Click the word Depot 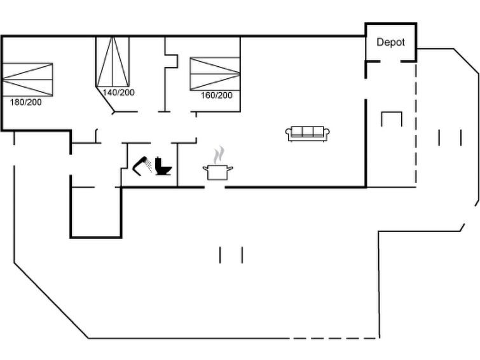point(390,42)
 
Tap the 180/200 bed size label point(25,102)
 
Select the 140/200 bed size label point(118,92)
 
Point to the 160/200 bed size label point(216,95)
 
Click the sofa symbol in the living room point(307,134)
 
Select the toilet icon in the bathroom point(163,166)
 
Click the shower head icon point(142,166)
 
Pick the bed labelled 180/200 point(27,80)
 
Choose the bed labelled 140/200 point(113,62)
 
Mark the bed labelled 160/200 point(215,74)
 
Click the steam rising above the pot point(219,155)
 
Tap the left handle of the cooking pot point(205,168)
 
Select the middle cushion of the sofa point(307,132)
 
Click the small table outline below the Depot point(392,119)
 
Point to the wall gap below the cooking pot point(215,187)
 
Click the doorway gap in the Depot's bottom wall point(390,62)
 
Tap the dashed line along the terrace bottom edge point(334,338)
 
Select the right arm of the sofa point(326,133)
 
